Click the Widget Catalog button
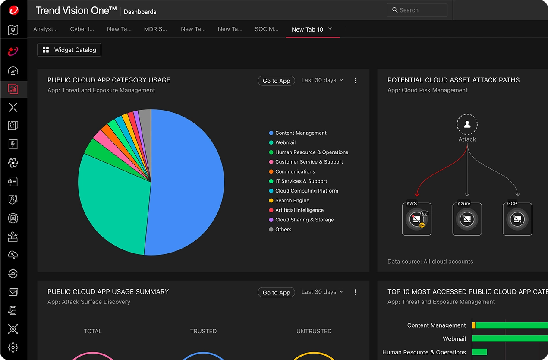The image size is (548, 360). pyautogui.click(x=69, y=50)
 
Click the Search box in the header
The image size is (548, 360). pyautogui.click(x=417, y=10)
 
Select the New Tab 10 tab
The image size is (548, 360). pyautogui.click(x=308, y=29)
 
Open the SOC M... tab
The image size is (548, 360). pyautogui.click(x=266, y=29)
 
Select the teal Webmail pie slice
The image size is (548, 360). pyautogui.click(x=112, y=203)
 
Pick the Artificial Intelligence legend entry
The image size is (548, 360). pyautogui.click(x=299, y=210)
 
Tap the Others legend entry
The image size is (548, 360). pyautogui.click(x=283, y=230)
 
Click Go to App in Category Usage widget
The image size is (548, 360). pyautogui.click(x=276, y=81)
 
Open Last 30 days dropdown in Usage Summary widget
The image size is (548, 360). pyautogui.click(x=322, y=292)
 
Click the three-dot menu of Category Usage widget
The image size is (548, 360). pyautogui.click(x=356, y=81)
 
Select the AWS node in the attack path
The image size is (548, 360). pyautogui.click(x=416, y=219)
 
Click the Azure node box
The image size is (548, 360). pyautogui.click(x=467, y=219)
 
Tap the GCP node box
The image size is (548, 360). pyautogui.click(x=517, y=219)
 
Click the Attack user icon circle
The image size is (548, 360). pyautogui.click(x=467, y=124)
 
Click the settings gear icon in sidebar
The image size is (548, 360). pyautogui.click(x=13, y=347)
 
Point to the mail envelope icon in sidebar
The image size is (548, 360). pyautogui.click(x=13, y=293)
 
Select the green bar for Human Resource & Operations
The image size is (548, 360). pyautogui.click(x=480, y=352)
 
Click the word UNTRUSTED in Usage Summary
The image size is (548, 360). pyautogui.click(x=314, y=331)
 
